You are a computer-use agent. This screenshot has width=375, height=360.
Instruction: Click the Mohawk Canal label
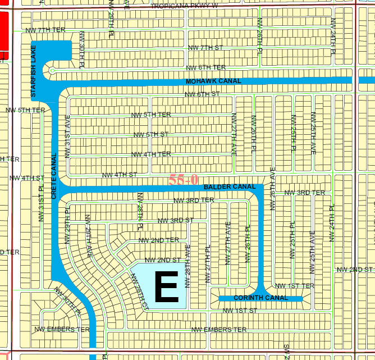click(213, 81)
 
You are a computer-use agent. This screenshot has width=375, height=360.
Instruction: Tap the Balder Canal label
click(230, 186)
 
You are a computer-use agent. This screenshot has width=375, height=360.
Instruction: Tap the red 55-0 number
click(184, 180)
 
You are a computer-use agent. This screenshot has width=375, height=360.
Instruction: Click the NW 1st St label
click(239, 310)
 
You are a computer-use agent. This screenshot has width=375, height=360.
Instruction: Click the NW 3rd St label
click(176, 220)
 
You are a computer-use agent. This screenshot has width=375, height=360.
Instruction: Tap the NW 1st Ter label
click(298, 286)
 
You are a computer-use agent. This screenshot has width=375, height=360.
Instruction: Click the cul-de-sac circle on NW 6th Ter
click(52, 71)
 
